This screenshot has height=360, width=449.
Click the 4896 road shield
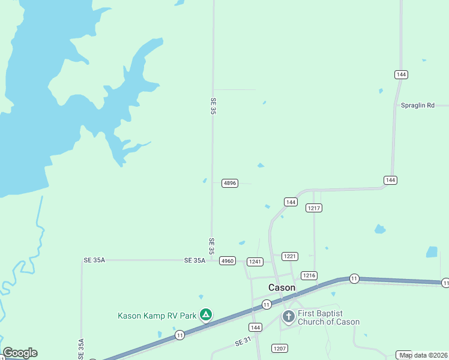(x=229, y=183)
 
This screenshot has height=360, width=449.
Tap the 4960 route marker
(x=227, y=261)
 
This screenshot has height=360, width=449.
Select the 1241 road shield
(x=255, y=262)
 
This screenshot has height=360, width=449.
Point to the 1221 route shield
(x=290, y=256)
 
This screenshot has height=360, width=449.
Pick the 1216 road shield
(x=309, y=275)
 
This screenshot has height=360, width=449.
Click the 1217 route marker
(x=314, y=208)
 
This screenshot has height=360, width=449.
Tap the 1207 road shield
(x=280, y=348)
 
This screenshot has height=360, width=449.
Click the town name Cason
(x=282, y=287)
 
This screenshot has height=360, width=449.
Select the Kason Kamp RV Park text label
(x=157, y=316)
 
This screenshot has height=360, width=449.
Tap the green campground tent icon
(x=206, y=314)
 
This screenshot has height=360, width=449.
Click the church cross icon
(x=288, y=316)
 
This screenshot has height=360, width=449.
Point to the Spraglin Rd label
(x=417, y=105)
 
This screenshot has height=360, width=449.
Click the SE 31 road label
(x=243, y=341)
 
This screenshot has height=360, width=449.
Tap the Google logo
(x=20, y=353)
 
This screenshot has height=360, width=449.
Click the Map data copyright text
(x=424, y=355)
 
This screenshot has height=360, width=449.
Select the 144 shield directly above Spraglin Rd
(x=402, y=74)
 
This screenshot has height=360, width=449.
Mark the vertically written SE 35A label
(x=81, y=349)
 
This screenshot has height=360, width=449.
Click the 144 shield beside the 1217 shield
(x=291, y=202)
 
